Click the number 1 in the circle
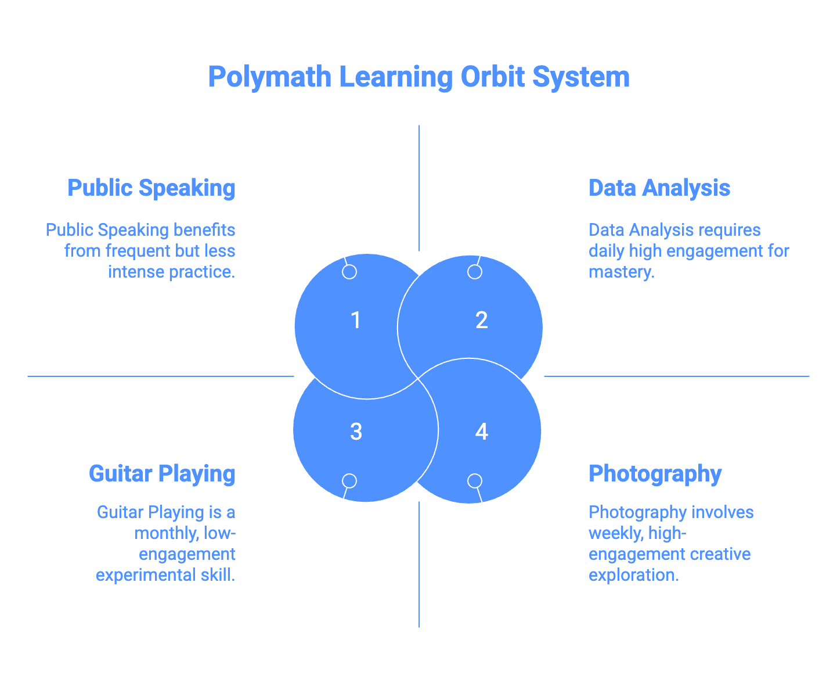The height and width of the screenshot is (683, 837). tap(356, 321)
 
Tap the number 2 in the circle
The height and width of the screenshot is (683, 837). tap(481, 321)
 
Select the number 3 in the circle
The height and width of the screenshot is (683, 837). tap(356, 432)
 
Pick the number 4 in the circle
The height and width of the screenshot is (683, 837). tap(481, 432)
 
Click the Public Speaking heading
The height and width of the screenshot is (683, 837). tap(151, 188)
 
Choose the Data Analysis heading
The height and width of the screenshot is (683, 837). tap(659, 188)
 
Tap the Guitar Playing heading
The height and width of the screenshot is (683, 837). tap(162, 474)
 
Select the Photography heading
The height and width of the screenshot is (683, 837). tap(655, 474)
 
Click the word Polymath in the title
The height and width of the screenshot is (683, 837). tap(270, 77)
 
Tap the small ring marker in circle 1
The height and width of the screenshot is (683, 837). tap(349, 272)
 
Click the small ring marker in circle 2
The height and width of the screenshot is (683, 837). tap(475, 272)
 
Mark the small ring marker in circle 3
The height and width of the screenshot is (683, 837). tap(349, 481)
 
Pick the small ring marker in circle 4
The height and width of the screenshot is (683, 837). tap(475, 481)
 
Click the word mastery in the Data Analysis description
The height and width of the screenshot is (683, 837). tap(621, 272)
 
